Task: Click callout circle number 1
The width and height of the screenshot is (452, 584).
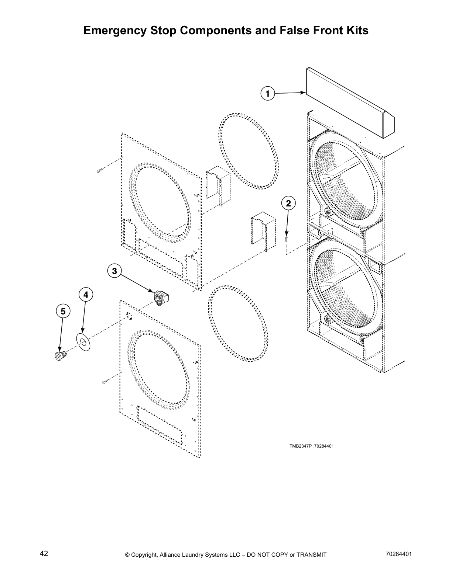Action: pos(268,93)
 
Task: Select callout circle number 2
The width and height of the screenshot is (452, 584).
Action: pos(288,203)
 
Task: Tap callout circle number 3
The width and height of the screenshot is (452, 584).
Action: pos(114,271)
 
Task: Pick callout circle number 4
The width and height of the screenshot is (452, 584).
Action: pos(86,295)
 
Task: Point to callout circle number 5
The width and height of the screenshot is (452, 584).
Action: pos(63,312)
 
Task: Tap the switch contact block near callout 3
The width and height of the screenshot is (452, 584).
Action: pos(161,297)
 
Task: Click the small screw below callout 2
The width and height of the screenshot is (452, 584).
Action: pos(287,239)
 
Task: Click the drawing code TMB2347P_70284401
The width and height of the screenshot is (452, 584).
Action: pos(312,446)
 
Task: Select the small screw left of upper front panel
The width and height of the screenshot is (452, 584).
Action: pos(99,171)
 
